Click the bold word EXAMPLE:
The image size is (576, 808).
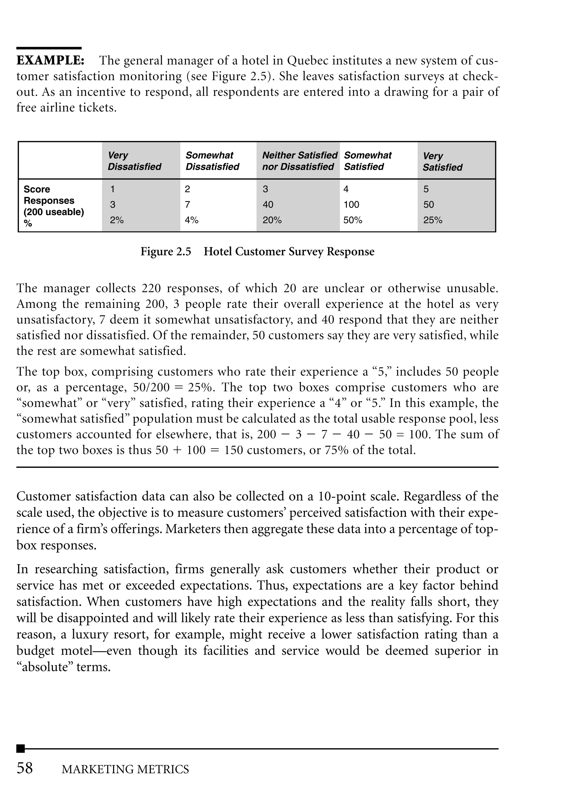tap(50, 61)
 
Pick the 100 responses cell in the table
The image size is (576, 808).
tap(351, 205)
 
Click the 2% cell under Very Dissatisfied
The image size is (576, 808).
tap(116, 220)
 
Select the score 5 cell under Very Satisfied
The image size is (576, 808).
tap(426, 189)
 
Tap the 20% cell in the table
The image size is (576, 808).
tap(272, 220)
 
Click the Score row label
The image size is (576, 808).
tap(37, 189)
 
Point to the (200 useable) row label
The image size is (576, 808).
tap(53, 212)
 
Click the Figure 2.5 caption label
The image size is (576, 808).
tap(166, 251)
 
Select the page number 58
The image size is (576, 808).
tap(25, 768)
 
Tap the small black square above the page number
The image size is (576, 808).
tap(21, 748)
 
